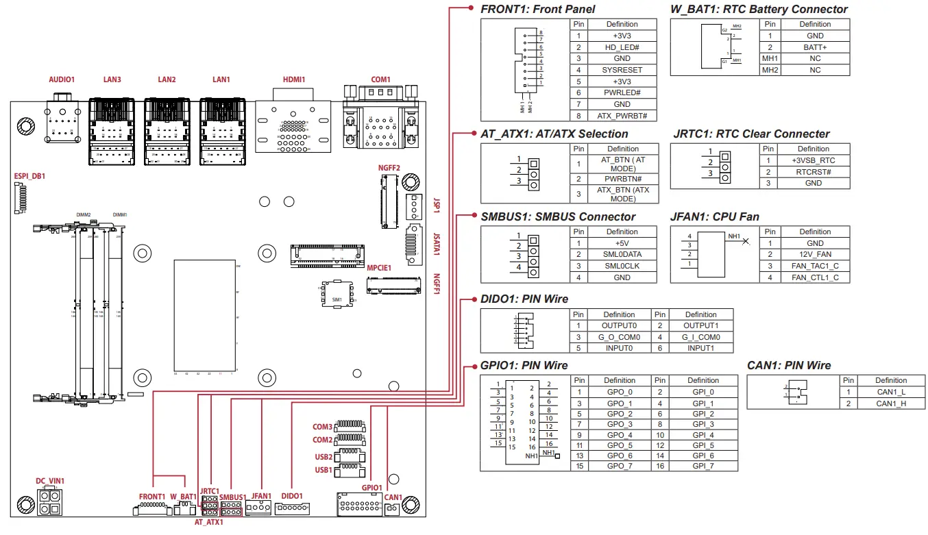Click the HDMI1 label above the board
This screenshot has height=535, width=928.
click(294, 79)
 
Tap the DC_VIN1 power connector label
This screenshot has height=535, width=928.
click(50, 481)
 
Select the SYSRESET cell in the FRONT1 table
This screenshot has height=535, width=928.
click(622, 70)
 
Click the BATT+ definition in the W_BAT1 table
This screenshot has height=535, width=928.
click(815, 47)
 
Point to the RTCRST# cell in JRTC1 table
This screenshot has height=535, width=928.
click(814, 172)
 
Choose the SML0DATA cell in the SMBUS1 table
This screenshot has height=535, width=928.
click(622, 254)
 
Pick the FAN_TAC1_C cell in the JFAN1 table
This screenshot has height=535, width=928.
click(815, 266)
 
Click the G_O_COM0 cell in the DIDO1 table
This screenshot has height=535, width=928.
click(619, 337)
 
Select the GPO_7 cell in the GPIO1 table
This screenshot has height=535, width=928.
click(620, 466)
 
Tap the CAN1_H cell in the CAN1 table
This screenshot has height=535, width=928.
click(891, 403)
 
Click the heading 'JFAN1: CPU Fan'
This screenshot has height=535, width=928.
click(716, 216)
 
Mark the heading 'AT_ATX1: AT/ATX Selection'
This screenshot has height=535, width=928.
click(554, 134)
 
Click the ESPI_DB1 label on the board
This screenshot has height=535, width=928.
click(29, 176)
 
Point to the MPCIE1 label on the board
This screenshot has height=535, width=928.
click(379, 268)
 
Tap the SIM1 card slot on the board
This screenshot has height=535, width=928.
click(337, 295)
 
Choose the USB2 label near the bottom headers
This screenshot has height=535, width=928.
click(323, 457)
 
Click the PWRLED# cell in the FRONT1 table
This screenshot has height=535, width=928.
click(622, 92)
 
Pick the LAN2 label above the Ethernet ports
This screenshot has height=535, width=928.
click(167, 79)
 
